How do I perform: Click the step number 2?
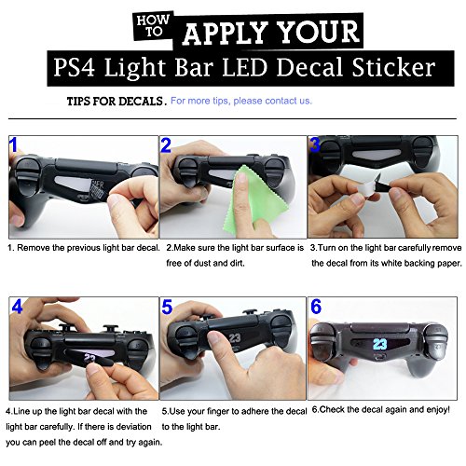pyautogui.click(x=166, y=145)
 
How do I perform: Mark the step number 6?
pyautogui.click(x=316, y=308)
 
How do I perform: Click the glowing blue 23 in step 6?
pyautogui.click(x=379, y=345)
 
